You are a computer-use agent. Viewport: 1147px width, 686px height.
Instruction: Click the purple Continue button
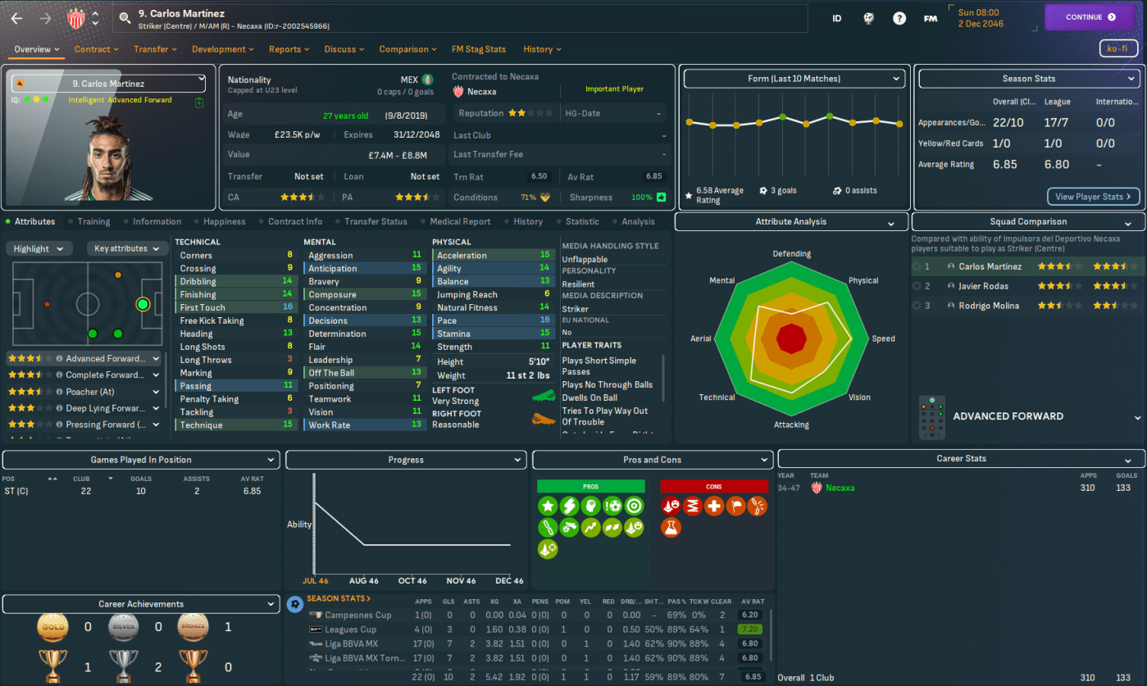(1090, 17)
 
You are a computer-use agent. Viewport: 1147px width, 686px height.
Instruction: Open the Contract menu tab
(97, 49)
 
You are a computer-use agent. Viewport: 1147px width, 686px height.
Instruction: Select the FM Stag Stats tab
(478, 49)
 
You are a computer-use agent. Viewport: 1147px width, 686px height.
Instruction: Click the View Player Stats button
(1093, 197)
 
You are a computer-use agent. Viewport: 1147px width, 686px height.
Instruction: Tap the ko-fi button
(1118, 48)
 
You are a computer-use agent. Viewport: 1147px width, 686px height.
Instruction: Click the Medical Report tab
(460, 221)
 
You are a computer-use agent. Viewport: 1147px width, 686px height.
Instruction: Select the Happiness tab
(225, 221)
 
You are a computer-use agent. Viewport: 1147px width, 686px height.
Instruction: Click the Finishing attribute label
(198, 294)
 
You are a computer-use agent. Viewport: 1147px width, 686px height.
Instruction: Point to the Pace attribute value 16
(544, 320)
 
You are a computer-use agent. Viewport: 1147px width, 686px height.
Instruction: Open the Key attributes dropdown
(127, 248)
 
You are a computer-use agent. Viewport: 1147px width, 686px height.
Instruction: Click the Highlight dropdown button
(39, 248)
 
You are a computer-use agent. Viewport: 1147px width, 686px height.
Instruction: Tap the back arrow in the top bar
(17, 17)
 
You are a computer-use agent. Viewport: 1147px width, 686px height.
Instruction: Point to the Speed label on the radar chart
(883, 338)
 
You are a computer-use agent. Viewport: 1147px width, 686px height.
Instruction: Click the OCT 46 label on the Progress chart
(412, 581)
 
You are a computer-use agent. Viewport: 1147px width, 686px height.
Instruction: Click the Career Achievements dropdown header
(141, 604)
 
